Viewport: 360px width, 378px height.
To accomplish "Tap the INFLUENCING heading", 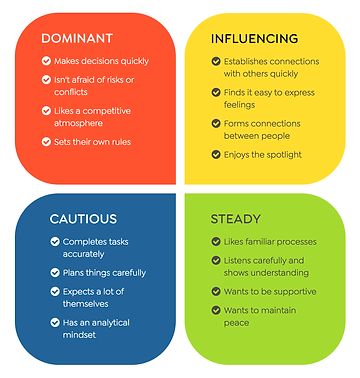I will pyautogui.click(x=254, y=38).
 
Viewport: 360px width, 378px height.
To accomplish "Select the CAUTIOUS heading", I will pyautogui.click(x=83, y=218).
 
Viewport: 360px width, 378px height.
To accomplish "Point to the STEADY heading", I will pyautogui.click(x=235, y=218).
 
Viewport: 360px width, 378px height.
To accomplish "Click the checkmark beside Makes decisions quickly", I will pyautogui.click(x=46, y=61).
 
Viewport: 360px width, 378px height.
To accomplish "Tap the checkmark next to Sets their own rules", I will pyautogui.click(x=46, y=141).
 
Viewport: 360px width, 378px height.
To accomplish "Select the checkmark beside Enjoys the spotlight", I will pyautogui.click(x=215, y=154).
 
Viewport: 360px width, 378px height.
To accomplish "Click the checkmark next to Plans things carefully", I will pyautogui.click(x=54, y=272).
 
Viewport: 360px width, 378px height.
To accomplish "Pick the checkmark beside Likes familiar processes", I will pyautogui.click(x=215, y=241).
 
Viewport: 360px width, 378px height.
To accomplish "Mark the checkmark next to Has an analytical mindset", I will pyautogui.click(x=54, y=322).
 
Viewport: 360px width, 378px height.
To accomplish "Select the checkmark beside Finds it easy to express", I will pyautogui.click(x=215, y=93).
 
